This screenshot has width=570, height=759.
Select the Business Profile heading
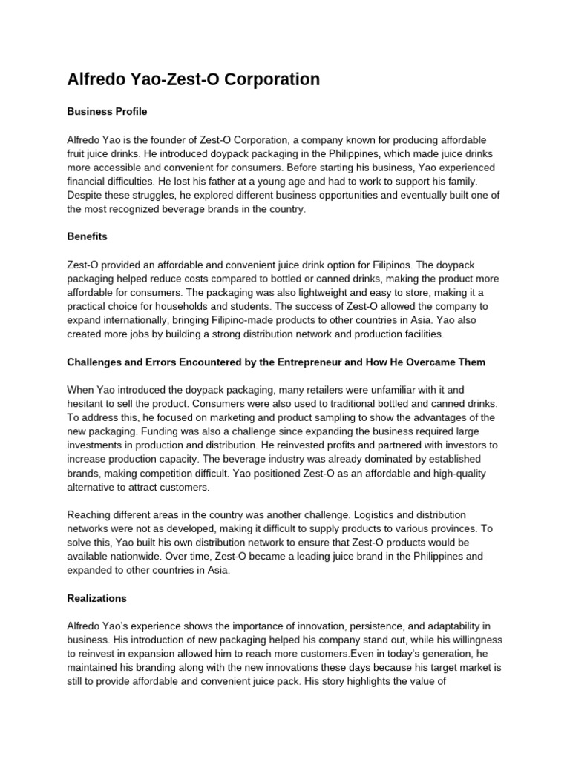click(107, 112)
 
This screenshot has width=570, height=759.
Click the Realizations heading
click(96, 598)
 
